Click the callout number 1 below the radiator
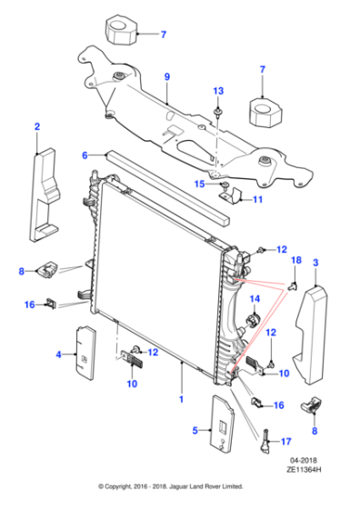pyautogui.click(x=182, y=398)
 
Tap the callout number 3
pyautogui.click(x=315, y=263)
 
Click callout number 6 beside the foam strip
pyautogui.click(x=85, y=155)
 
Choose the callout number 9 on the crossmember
pyautogui.click(x=166, y=77)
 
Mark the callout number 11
pyautogui.click(x=257, y=199)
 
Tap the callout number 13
pyautogui.click(x=217, y=92)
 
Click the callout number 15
pyautogui.click(x=197, y=184)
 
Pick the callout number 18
pyautogui.click(x=295, y=261)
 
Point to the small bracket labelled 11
pyautogui.click(x=234, y=195)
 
